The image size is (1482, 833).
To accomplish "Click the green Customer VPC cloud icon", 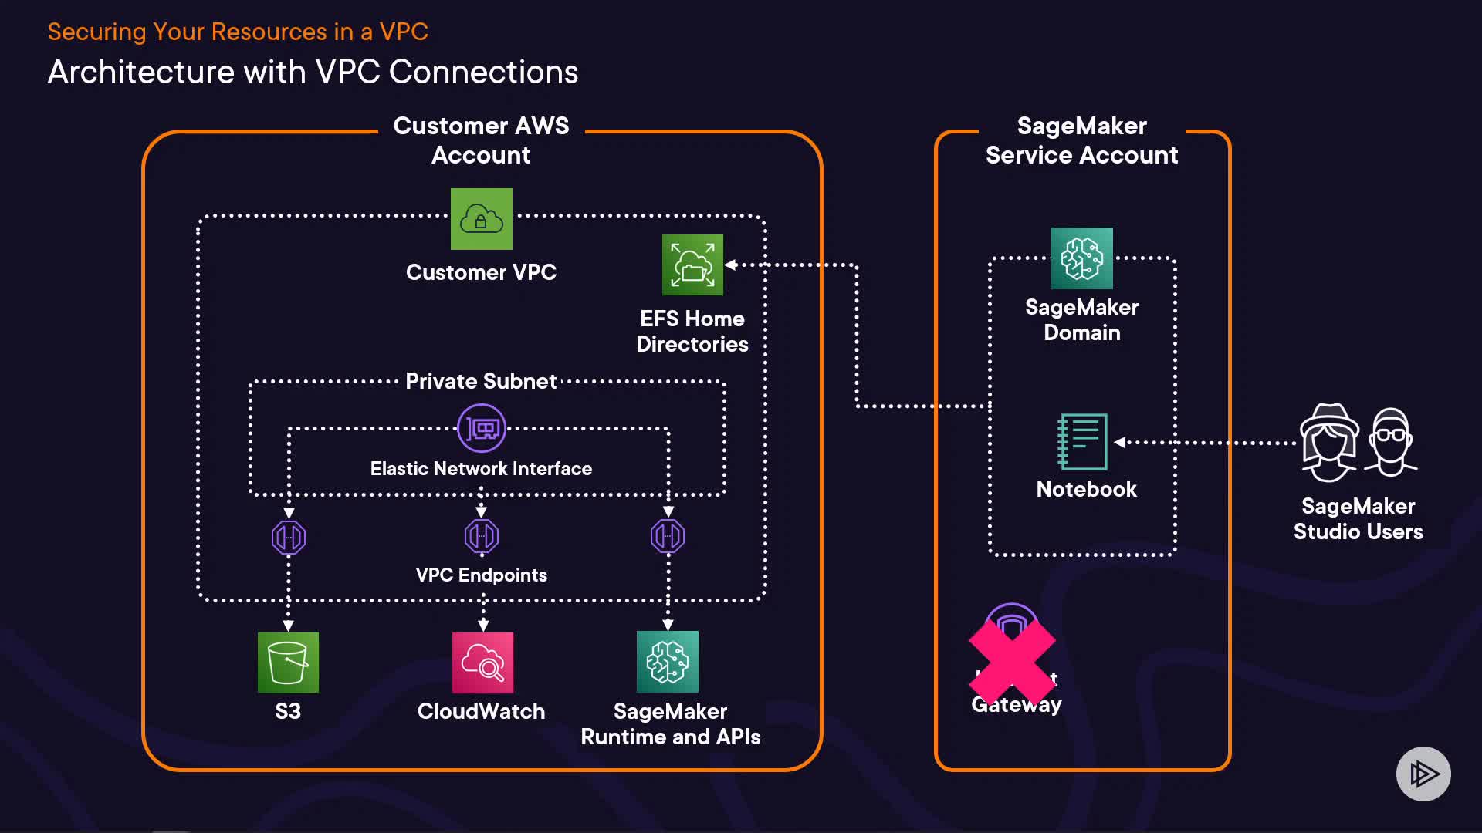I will (x=481, y=219).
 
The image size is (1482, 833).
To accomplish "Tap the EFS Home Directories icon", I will (x=692, y=265).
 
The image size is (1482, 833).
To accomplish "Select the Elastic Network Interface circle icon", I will (x=482, y=428).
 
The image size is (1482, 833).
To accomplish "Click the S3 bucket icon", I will (x=288, y=663).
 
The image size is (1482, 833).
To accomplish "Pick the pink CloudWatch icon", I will (x=482, y=663).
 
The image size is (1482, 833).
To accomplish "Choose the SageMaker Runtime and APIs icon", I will (x=668, y=662).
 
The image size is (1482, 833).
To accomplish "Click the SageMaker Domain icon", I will (x=1081, y=258).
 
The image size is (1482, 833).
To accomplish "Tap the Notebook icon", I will (x=1082, y=442).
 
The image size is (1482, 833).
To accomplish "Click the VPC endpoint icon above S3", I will (x=289, y=538).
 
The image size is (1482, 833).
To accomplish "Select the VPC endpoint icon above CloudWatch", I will (x=482, y=536).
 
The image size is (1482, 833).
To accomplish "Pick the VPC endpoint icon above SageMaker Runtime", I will (x=668, y=536).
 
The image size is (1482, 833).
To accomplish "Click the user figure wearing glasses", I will (x=1391, y=442).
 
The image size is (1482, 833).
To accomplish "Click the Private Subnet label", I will (x=481, y=381).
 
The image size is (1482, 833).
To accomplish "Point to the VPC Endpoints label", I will (x=481, y=575).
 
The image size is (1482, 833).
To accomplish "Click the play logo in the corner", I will (x=1423, y=774).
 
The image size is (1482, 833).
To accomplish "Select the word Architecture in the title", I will (x=140, y=72).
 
